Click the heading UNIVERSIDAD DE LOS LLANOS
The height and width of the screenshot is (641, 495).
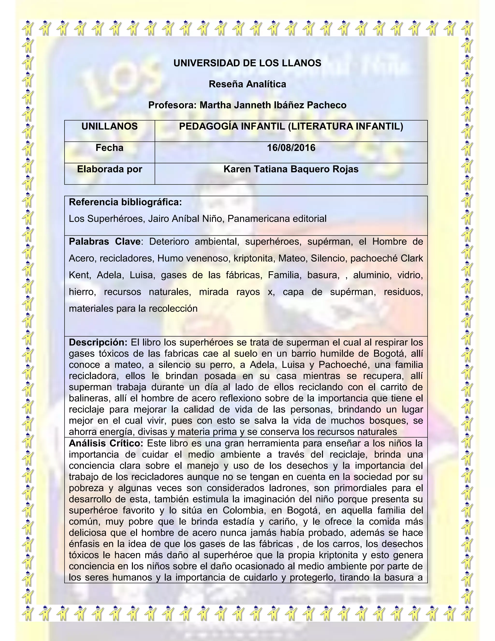[247, 63]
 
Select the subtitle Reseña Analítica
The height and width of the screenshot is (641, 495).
[247, 84]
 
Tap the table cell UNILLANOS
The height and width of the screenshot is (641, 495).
[109, 127]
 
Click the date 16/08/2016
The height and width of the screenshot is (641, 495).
[291, 148]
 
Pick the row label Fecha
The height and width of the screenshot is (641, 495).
[109, 148]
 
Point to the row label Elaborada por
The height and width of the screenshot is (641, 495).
[109, 169]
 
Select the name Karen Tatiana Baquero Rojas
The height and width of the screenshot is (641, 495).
[291, 169]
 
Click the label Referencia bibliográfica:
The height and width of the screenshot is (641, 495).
[125, 202]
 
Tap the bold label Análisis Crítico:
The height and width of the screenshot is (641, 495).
[106, 443]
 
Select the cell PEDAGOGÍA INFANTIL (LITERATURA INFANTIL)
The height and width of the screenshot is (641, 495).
[291, 127]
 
